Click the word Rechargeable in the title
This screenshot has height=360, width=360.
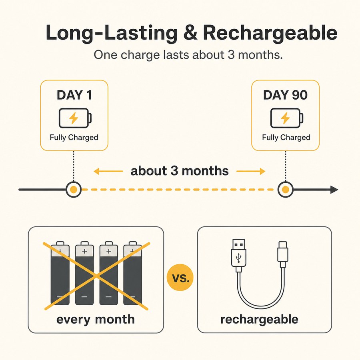click(270, 33)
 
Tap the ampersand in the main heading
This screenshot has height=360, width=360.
click(190, 32)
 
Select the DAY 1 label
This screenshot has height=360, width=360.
click(74, 95)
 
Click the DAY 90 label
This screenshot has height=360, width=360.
click(285, 95)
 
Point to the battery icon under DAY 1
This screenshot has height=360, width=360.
click(75, 118)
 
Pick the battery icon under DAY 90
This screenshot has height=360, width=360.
click(287, 118)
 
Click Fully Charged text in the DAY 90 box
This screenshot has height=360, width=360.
click(286, 137)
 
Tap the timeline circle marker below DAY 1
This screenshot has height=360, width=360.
click(74, 190)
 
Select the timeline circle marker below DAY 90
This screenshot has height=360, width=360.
click(285, 190)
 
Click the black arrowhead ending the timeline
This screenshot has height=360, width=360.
click(334, 190)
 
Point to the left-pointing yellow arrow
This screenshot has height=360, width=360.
click(108, 171)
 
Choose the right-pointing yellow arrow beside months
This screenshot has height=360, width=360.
click(251, 171)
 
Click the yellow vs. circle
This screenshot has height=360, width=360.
click(180, 277)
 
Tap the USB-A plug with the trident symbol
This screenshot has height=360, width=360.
click(239, 255)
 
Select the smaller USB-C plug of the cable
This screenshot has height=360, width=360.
click(283, 254)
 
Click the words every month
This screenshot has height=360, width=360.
click(96, 320)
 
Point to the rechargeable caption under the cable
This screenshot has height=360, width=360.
click(259, 320)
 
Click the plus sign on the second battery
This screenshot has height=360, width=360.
click(84, 251)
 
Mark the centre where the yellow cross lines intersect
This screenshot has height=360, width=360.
click(97, 276)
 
